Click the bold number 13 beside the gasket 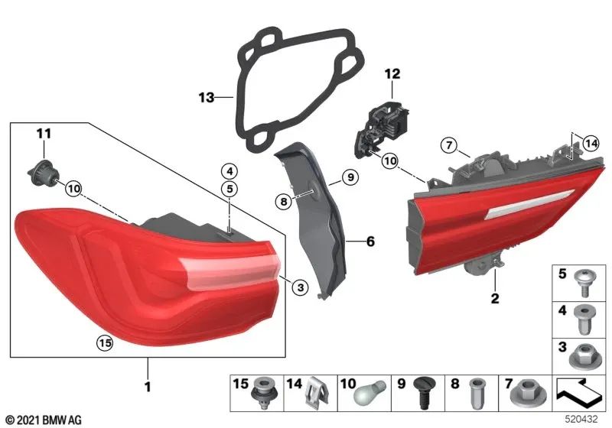click(x=204, y=98)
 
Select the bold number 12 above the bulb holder click(x=392, y=74)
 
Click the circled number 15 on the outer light click(x=105, y=344)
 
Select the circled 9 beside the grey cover click(x=348, y=177)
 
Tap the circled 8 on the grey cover click(x=283, y=202)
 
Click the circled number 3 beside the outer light click(x=300, y=287)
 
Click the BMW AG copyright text click(x=42, y=420)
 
